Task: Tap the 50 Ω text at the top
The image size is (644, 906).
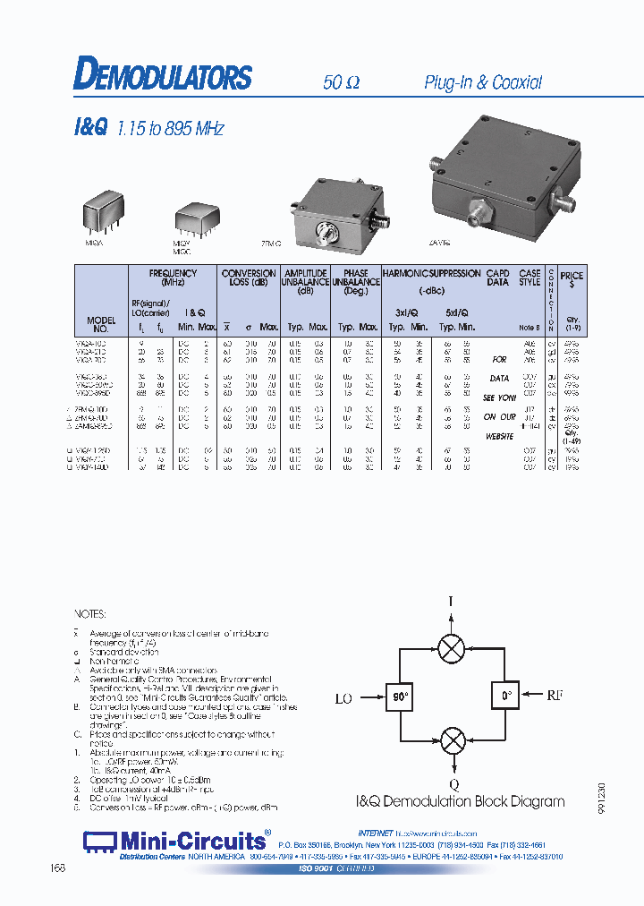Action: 341,82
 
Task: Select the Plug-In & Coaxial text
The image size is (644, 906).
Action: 483,82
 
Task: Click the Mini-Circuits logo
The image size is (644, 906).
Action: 175,841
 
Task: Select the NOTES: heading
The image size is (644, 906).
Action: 89,615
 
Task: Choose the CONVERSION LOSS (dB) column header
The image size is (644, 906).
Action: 249,278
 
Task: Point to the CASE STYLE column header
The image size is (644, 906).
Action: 530,278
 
